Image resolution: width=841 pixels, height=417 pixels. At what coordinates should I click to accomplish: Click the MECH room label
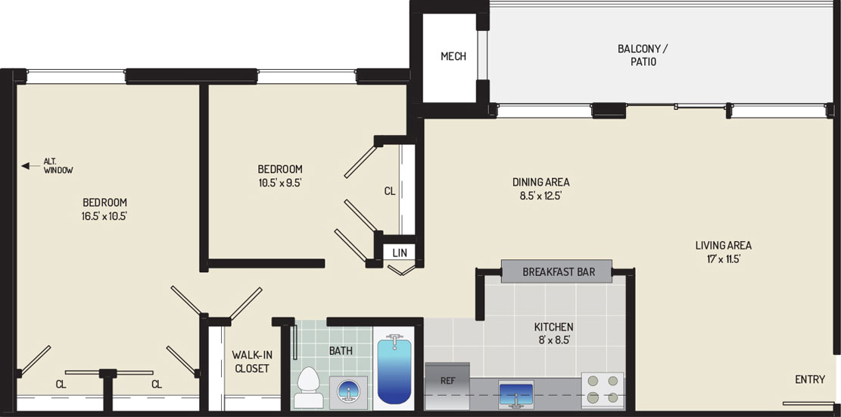point(453,56)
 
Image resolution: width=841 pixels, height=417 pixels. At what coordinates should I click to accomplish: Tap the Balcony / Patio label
point(643,55)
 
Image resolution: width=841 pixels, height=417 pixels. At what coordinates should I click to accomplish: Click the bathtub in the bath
point(394,370)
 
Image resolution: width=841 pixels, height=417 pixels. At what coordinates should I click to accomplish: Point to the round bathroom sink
point(348,392)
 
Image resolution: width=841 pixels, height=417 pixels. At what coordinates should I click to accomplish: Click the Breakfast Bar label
point(559,272)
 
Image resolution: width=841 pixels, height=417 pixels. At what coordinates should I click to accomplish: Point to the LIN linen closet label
point(400,252)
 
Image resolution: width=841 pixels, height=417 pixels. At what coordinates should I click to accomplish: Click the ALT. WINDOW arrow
point(29,166)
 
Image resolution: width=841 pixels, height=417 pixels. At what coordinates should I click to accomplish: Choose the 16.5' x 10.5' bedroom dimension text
point(104,217)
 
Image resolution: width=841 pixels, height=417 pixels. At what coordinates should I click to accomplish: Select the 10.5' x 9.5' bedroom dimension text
point(279,183)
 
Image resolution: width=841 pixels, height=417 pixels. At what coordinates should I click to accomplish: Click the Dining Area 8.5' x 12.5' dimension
point(540,196)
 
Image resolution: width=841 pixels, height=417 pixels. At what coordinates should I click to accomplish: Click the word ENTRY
point(810,380)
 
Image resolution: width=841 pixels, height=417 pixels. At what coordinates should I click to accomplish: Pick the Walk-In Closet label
point(251,362)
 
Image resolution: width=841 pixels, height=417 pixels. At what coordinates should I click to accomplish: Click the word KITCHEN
point(553,327)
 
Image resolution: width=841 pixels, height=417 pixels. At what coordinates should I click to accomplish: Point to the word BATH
point(341,351)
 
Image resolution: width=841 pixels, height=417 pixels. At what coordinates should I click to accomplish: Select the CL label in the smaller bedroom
point(389,191)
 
